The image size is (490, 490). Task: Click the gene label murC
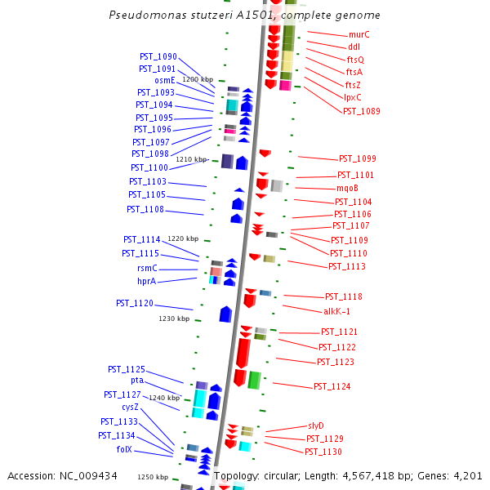pyautogui.click(x=359, y=34)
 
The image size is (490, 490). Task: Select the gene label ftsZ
pyautogui.click(x=353, y=85)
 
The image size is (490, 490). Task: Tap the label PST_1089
pyautogui.click(x=361, y=111)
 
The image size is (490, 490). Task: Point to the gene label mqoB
pyautogui.click(x=347, y=188)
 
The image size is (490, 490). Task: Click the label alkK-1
pyautogui.click(x=336, y=311)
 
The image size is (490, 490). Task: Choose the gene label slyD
pyautogui.click(x=316, y=425)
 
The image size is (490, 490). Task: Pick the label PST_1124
pyautogui.click(x=332, y=386)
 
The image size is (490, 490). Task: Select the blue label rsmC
pyautogui.click(x=147, y=268)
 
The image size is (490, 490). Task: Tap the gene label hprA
pyautogui.click(x=146, y=281)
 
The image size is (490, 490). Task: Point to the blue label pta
pyautogui.click(x=137, y=381)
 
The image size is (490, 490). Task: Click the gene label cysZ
pyautogui.click(x=131, y=407)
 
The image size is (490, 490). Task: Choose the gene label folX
pyautogui.click(x=124, y=450)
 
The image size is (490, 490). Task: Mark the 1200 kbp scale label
pyautogui.click(x=198, y=79)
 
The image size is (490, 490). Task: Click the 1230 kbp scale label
pyautogui.click(x=174, y=318)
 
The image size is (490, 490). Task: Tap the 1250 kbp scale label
pyautogui.click(x=153, y=477)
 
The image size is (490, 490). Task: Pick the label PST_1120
pyautogui.click(x=135, y=303)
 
